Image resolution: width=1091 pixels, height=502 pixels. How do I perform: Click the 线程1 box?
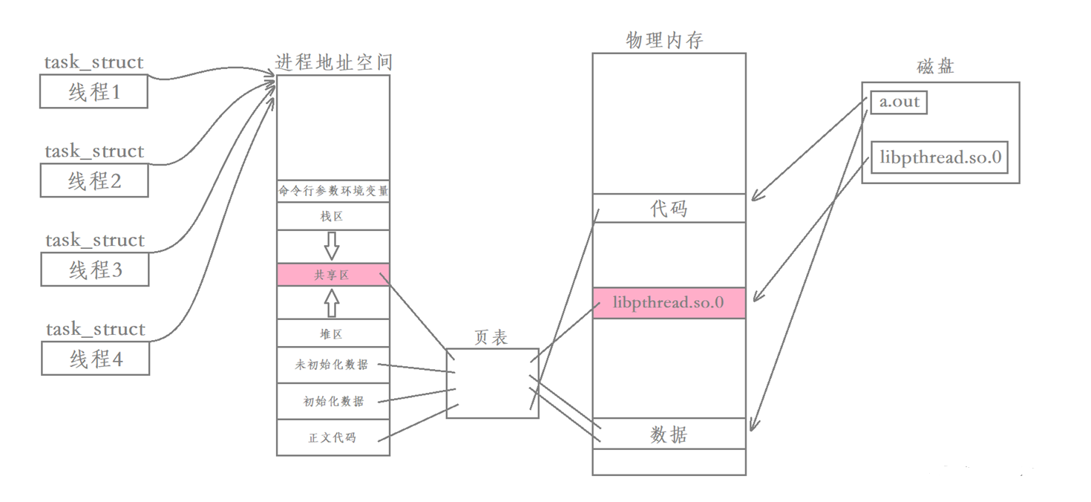coord(94,93)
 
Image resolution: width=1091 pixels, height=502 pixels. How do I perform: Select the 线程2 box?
coord(94,181)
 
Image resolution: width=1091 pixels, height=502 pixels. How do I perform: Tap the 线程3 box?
coord(95,270)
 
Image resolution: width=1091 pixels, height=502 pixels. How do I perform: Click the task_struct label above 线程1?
coord(94,62)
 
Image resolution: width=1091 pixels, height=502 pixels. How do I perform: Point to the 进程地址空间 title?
coord(333,62)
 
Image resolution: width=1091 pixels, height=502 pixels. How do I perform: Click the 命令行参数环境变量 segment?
coord(333,191)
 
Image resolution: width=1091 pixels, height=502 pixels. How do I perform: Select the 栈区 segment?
coord(332,216)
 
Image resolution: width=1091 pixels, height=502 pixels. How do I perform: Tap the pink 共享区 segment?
coord(332,275)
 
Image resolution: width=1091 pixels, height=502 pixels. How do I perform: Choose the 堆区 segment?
coord(332,334)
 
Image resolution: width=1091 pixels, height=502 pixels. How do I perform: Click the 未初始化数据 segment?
coord(332,365)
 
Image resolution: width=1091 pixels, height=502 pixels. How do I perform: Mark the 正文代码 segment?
coord(332,437)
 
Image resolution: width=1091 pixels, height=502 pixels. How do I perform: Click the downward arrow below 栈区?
coord(332,245)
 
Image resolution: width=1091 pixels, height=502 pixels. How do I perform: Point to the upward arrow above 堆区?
coord(332,303)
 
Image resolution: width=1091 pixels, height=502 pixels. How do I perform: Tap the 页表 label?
coord(491,337)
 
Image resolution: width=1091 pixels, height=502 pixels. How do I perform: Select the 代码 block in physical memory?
coord(669,209)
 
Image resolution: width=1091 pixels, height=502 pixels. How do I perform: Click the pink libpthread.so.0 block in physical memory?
coord(669,303)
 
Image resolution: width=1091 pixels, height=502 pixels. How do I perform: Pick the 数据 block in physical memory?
coord(669,434)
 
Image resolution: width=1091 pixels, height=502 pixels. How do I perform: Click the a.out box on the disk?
coord(900,102)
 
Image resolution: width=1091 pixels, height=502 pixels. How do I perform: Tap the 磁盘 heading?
coord(935,67)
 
